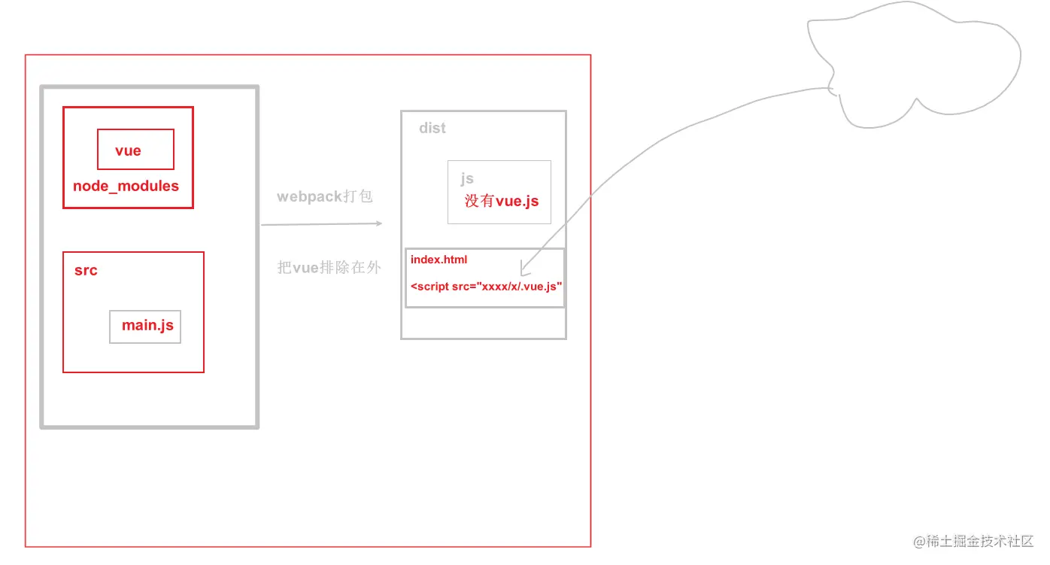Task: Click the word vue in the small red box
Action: [128, 150]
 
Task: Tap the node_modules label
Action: [126, 186]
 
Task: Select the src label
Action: [86, 270]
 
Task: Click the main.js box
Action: [145, 327]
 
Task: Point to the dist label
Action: [432, 128]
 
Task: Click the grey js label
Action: [467, 178]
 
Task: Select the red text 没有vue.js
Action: [502, 201]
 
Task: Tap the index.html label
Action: [439, 260]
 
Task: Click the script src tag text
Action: [487, 287]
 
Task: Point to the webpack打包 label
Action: [325, 196]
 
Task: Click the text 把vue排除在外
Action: [329, 267]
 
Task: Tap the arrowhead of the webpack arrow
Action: [378, 223]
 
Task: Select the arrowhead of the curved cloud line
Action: [523, 270]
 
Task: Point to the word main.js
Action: [147, 325]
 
